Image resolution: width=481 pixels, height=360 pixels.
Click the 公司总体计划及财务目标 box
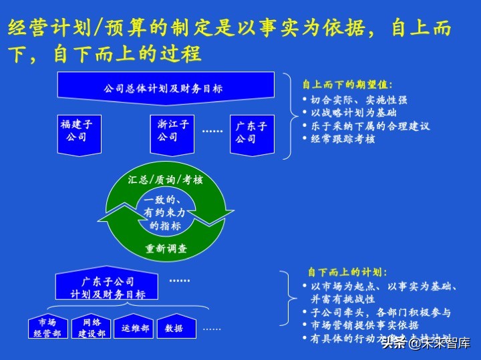coord(164,88)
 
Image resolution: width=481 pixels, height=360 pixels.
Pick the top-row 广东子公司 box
coord(251,132)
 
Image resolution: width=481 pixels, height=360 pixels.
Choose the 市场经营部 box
coord(47,327)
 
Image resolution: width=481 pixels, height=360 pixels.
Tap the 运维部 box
coord(136,327)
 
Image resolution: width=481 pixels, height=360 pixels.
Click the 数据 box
coord(175,327)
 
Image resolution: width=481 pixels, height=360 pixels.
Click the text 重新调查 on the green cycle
coord(166,249)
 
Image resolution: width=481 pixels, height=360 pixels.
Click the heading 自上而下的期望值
coord(347,85)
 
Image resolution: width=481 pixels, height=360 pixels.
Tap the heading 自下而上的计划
coord(347,273)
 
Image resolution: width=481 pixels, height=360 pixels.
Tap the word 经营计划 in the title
coord(41,27)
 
